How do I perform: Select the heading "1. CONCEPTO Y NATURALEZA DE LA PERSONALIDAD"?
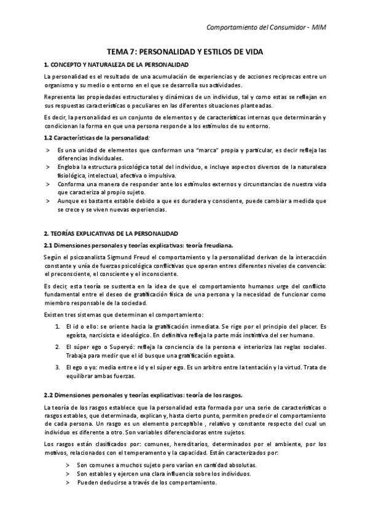[116, 65]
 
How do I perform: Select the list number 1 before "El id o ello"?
[58, 326]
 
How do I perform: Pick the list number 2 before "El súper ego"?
[58, 347]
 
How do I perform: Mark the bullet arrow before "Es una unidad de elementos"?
[48, 149]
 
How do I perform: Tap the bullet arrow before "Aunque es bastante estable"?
[48, 201]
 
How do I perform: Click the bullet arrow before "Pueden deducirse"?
[68, 483]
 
